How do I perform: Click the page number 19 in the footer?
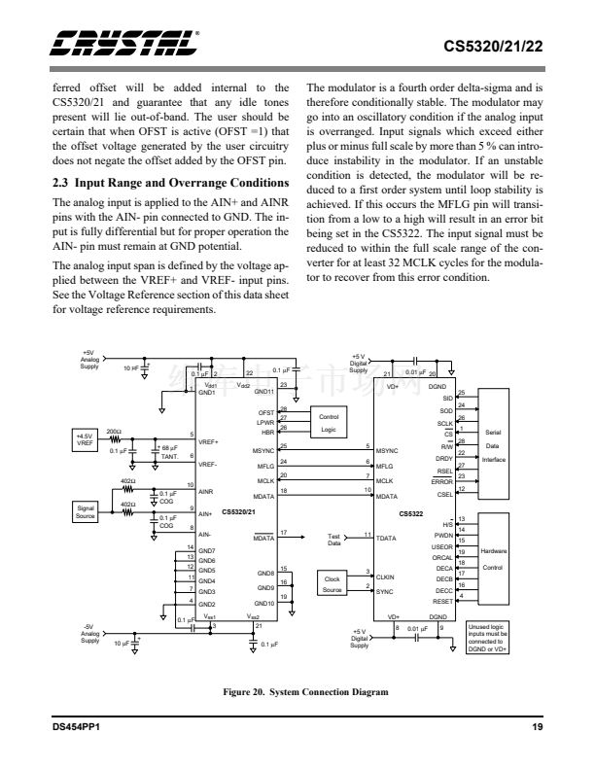(536, 728)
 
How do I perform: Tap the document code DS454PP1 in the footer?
(80, 728)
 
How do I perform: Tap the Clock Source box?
(332, 584)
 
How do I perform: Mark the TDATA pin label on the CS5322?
(388, 537)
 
